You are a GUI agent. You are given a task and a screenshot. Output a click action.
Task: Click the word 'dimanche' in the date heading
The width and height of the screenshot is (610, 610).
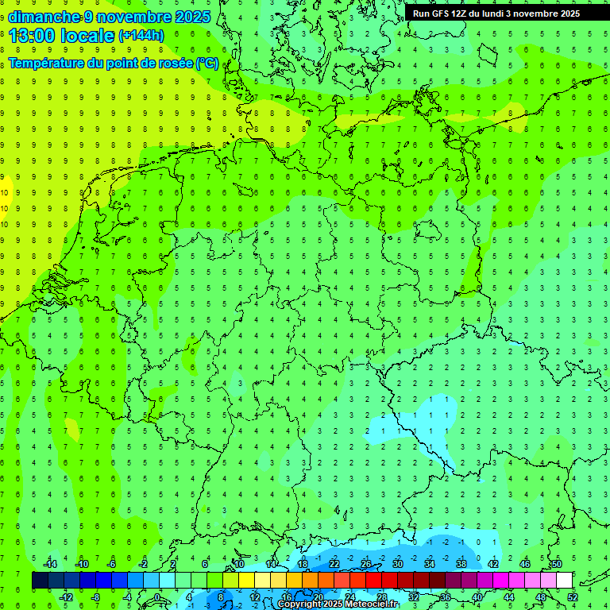(x=44, y=17)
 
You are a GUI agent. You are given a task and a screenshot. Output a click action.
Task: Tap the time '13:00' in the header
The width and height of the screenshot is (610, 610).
(x=31, y=35)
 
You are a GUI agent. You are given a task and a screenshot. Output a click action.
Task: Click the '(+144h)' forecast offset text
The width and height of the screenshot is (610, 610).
(x=141, y=36)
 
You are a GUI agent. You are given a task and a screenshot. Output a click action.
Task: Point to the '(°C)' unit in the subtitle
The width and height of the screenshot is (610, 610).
(x=207, y=64)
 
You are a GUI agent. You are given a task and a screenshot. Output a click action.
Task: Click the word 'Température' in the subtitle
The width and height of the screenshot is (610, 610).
(x=45, y=64)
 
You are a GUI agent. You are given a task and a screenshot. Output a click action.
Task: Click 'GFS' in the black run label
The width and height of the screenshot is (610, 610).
(x=441, y=14)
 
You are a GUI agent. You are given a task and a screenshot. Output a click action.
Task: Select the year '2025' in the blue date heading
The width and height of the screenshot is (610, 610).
(x=191, y=17)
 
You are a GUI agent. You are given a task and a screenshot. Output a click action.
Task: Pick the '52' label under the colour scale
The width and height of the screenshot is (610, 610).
(x=572, y=596)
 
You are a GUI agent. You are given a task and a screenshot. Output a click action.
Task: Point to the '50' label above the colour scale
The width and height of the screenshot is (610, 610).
(x=556, y=563)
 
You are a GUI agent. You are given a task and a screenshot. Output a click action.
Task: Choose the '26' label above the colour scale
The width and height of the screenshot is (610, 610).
(x=365, y=563)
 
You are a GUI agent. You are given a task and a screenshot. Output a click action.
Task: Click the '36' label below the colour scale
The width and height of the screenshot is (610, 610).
(x=445, y=596)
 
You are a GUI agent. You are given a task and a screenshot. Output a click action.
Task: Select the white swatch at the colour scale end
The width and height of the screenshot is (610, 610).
(x=564, y=580)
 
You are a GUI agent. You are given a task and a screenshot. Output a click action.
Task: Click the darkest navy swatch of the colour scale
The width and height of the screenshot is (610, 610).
(x=40, y=580)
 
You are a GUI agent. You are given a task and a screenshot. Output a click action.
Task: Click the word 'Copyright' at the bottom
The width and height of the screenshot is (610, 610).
(x=299, y=604)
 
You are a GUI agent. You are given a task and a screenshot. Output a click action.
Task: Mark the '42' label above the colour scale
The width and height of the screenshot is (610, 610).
(x=492, y=563)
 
